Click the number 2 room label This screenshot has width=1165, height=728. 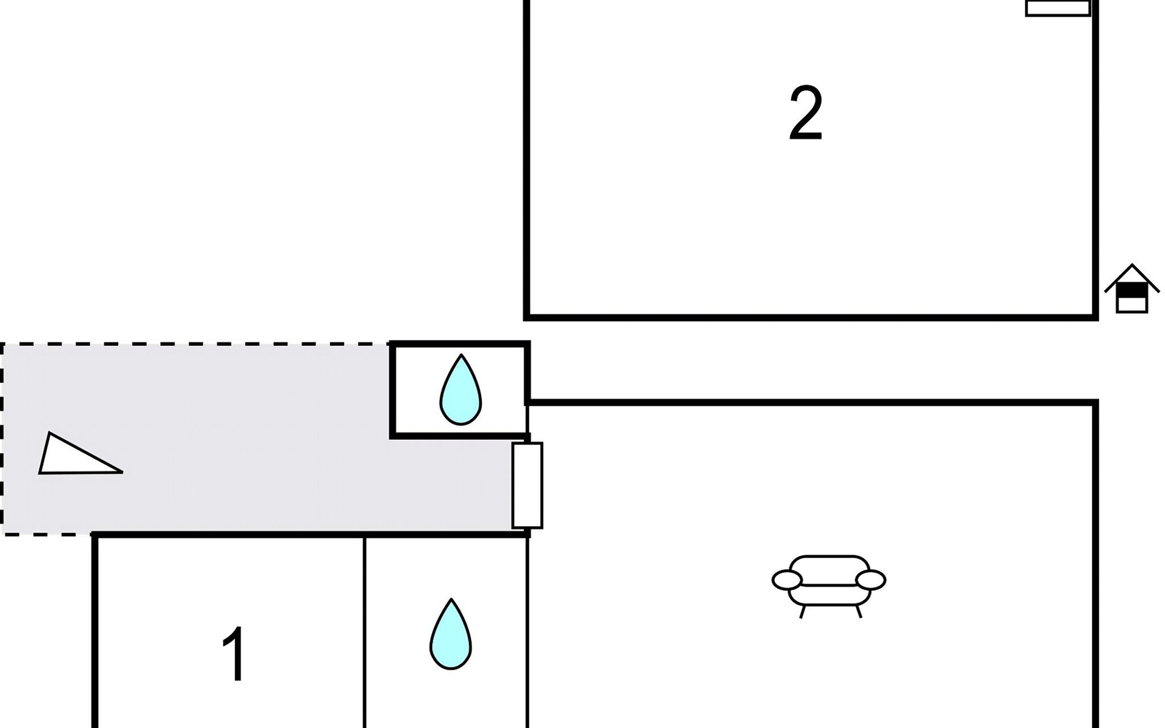click(x=806, y=113)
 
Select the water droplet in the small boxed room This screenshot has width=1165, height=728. click(x=461, y=389)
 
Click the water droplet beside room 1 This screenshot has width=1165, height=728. click(x=451, y=634)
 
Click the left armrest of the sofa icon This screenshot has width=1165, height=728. click(x=787, y=580)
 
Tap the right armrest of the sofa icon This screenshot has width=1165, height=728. click(x=871, y=580)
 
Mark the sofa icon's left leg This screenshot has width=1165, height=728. click(x=802, y=612)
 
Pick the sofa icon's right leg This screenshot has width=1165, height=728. click(x=858, y=612)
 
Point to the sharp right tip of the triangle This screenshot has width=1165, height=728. click(x=123, y=471)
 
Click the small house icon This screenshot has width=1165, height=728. click(x=1132, y=288)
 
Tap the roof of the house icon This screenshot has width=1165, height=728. click(x=1132, y=277)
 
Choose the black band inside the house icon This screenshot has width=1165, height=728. click(x=1132, y=291)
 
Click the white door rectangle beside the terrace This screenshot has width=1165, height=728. click(x=527, y=485)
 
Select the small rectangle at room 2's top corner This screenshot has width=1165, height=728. click(x=1058, y=8)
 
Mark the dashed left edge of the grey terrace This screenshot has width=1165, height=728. click(x=2, y=439)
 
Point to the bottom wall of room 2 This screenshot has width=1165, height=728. click(x=811, y=317)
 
